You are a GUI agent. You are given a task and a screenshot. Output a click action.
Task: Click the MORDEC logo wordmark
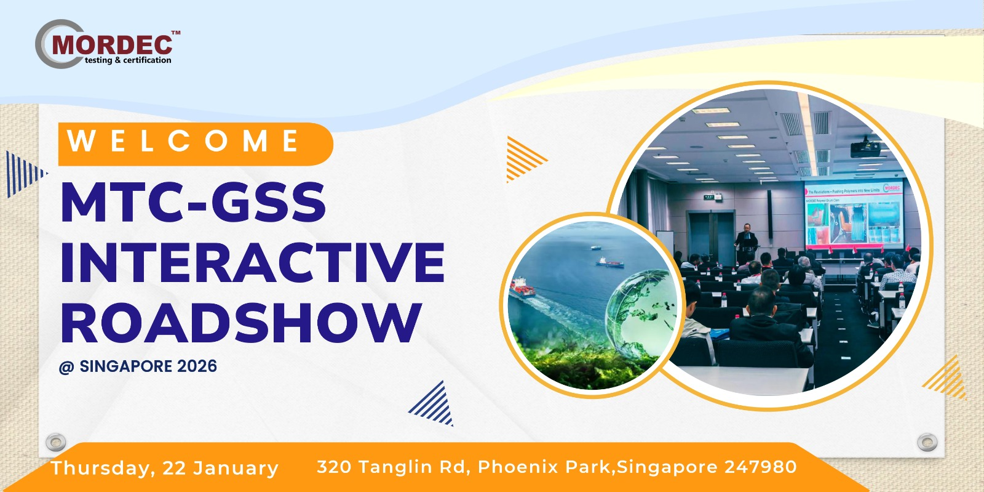pyautogui.click(x=113, y=44)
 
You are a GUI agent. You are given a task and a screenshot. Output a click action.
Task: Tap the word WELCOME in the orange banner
pyautogui.click(x=183, y=142)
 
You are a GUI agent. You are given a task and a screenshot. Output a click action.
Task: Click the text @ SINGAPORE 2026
pyautogui.click(x=138, y=366)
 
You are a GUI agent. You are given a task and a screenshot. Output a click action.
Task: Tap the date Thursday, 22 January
pyautogui.click(x=165, y=468)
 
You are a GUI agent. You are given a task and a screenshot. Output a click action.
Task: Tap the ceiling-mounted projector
pyautogui.click(x=865, y=148)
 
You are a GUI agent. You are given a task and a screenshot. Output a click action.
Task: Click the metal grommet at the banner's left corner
pyautogui.click(x=56, y=441)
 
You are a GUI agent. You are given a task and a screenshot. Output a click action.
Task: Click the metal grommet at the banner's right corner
pyautogui.click(x=927, y=442)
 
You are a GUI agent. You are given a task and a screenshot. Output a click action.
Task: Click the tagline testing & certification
pyautogui.click(x=128, y=60)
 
